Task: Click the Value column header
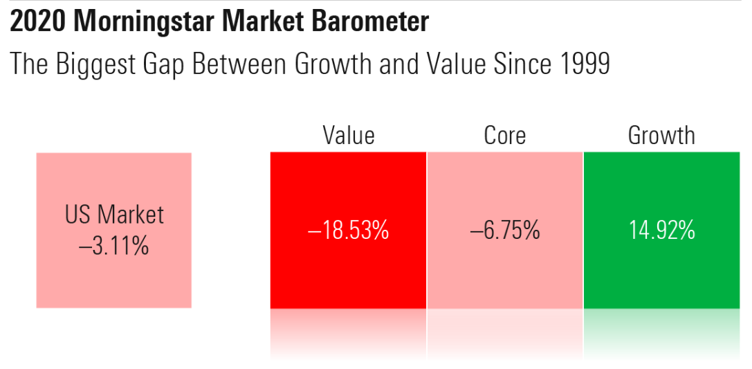(x=348, y=135)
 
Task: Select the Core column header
(x=504, y=135)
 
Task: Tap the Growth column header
(x=661, y=135)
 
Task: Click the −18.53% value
(x=348, y=231)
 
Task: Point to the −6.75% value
(x=504, y=231)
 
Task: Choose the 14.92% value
(x=661, y=231)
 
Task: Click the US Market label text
(x=114, y=215)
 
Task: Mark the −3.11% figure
(x=114, y=245)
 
